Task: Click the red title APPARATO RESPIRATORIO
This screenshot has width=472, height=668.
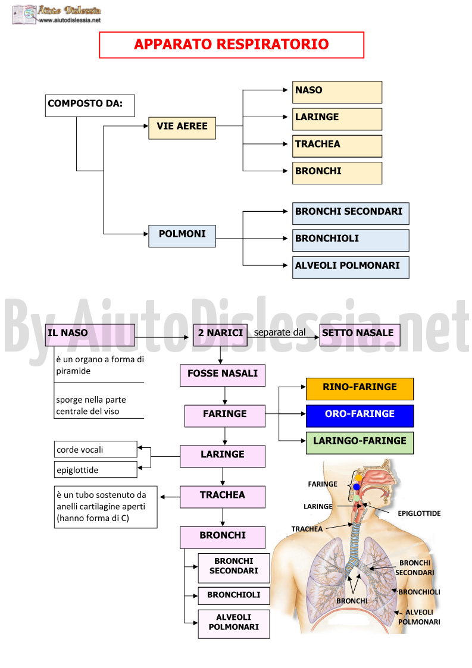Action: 231,44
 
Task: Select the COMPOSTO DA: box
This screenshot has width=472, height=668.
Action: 90,106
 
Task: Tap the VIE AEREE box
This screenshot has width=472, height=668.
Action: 182,128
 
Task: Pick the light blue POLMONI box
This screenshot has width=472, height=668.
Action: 182,236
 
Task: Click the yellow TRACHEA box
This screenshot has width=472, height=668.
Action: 337,146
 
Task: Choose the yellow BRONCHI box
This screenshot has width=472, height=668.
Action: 337,173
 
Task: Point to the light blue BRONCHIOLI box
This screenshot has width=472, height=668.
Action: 351,241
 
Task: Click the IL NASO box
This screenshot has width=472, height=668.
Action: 90,335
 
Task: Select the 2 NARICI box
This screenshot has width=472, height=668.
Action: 220,335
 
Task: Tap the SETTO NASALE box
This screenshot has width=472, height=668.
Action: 360,335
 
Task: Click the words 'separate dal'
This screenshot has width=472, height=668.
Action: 280,333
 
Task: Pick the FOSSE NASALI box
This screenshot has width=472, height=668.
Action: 223,375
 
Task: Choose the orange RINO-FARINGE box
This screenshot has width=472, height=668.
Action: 360,389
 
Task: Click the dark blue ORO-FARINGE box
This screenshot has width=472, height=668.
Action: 360,416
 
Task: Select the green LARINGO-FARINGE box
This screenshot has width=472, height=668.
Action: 360,443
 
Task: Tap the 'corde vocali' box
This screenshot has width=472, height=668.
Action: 95,450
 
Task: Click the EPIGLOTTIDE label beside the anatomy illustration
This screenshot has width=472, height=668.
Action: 419,513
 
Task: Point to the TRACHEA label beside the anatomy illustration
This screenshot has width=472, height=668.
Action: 307,529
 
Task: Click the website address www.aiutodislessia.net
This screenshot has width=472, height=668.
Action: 70,20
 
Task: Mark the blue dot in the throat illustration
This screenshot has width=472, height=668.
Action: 357,487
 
